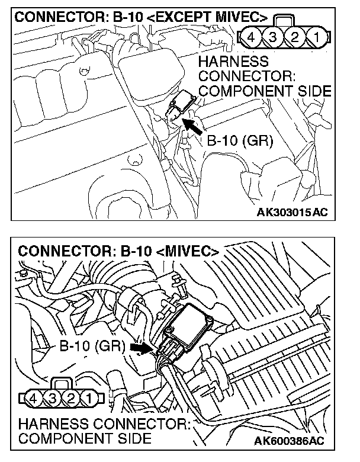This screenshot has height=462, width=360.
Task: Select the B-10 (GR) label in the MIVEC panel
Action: coord(92,346)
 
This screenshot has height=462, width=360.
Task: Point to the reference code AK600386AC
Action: coord(290,441)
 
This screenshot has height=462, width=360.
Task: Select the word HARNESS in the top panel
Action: coord(234,62)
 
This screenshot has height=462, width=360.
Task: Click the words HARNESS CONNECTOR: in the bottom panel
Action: coord(104,425)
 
